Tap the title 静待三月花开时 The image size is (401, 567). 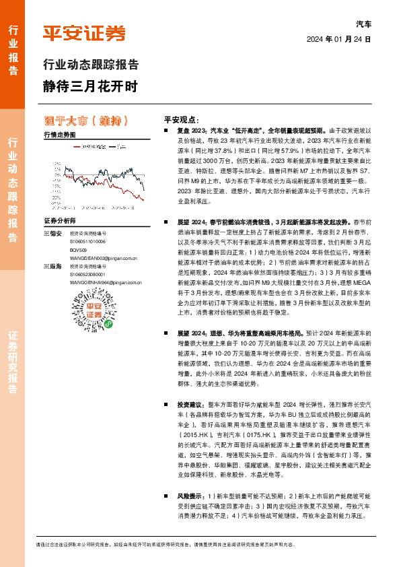click(x=89, y=86)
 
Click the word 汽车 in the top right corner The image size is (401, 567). click(x=363, y=23)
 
